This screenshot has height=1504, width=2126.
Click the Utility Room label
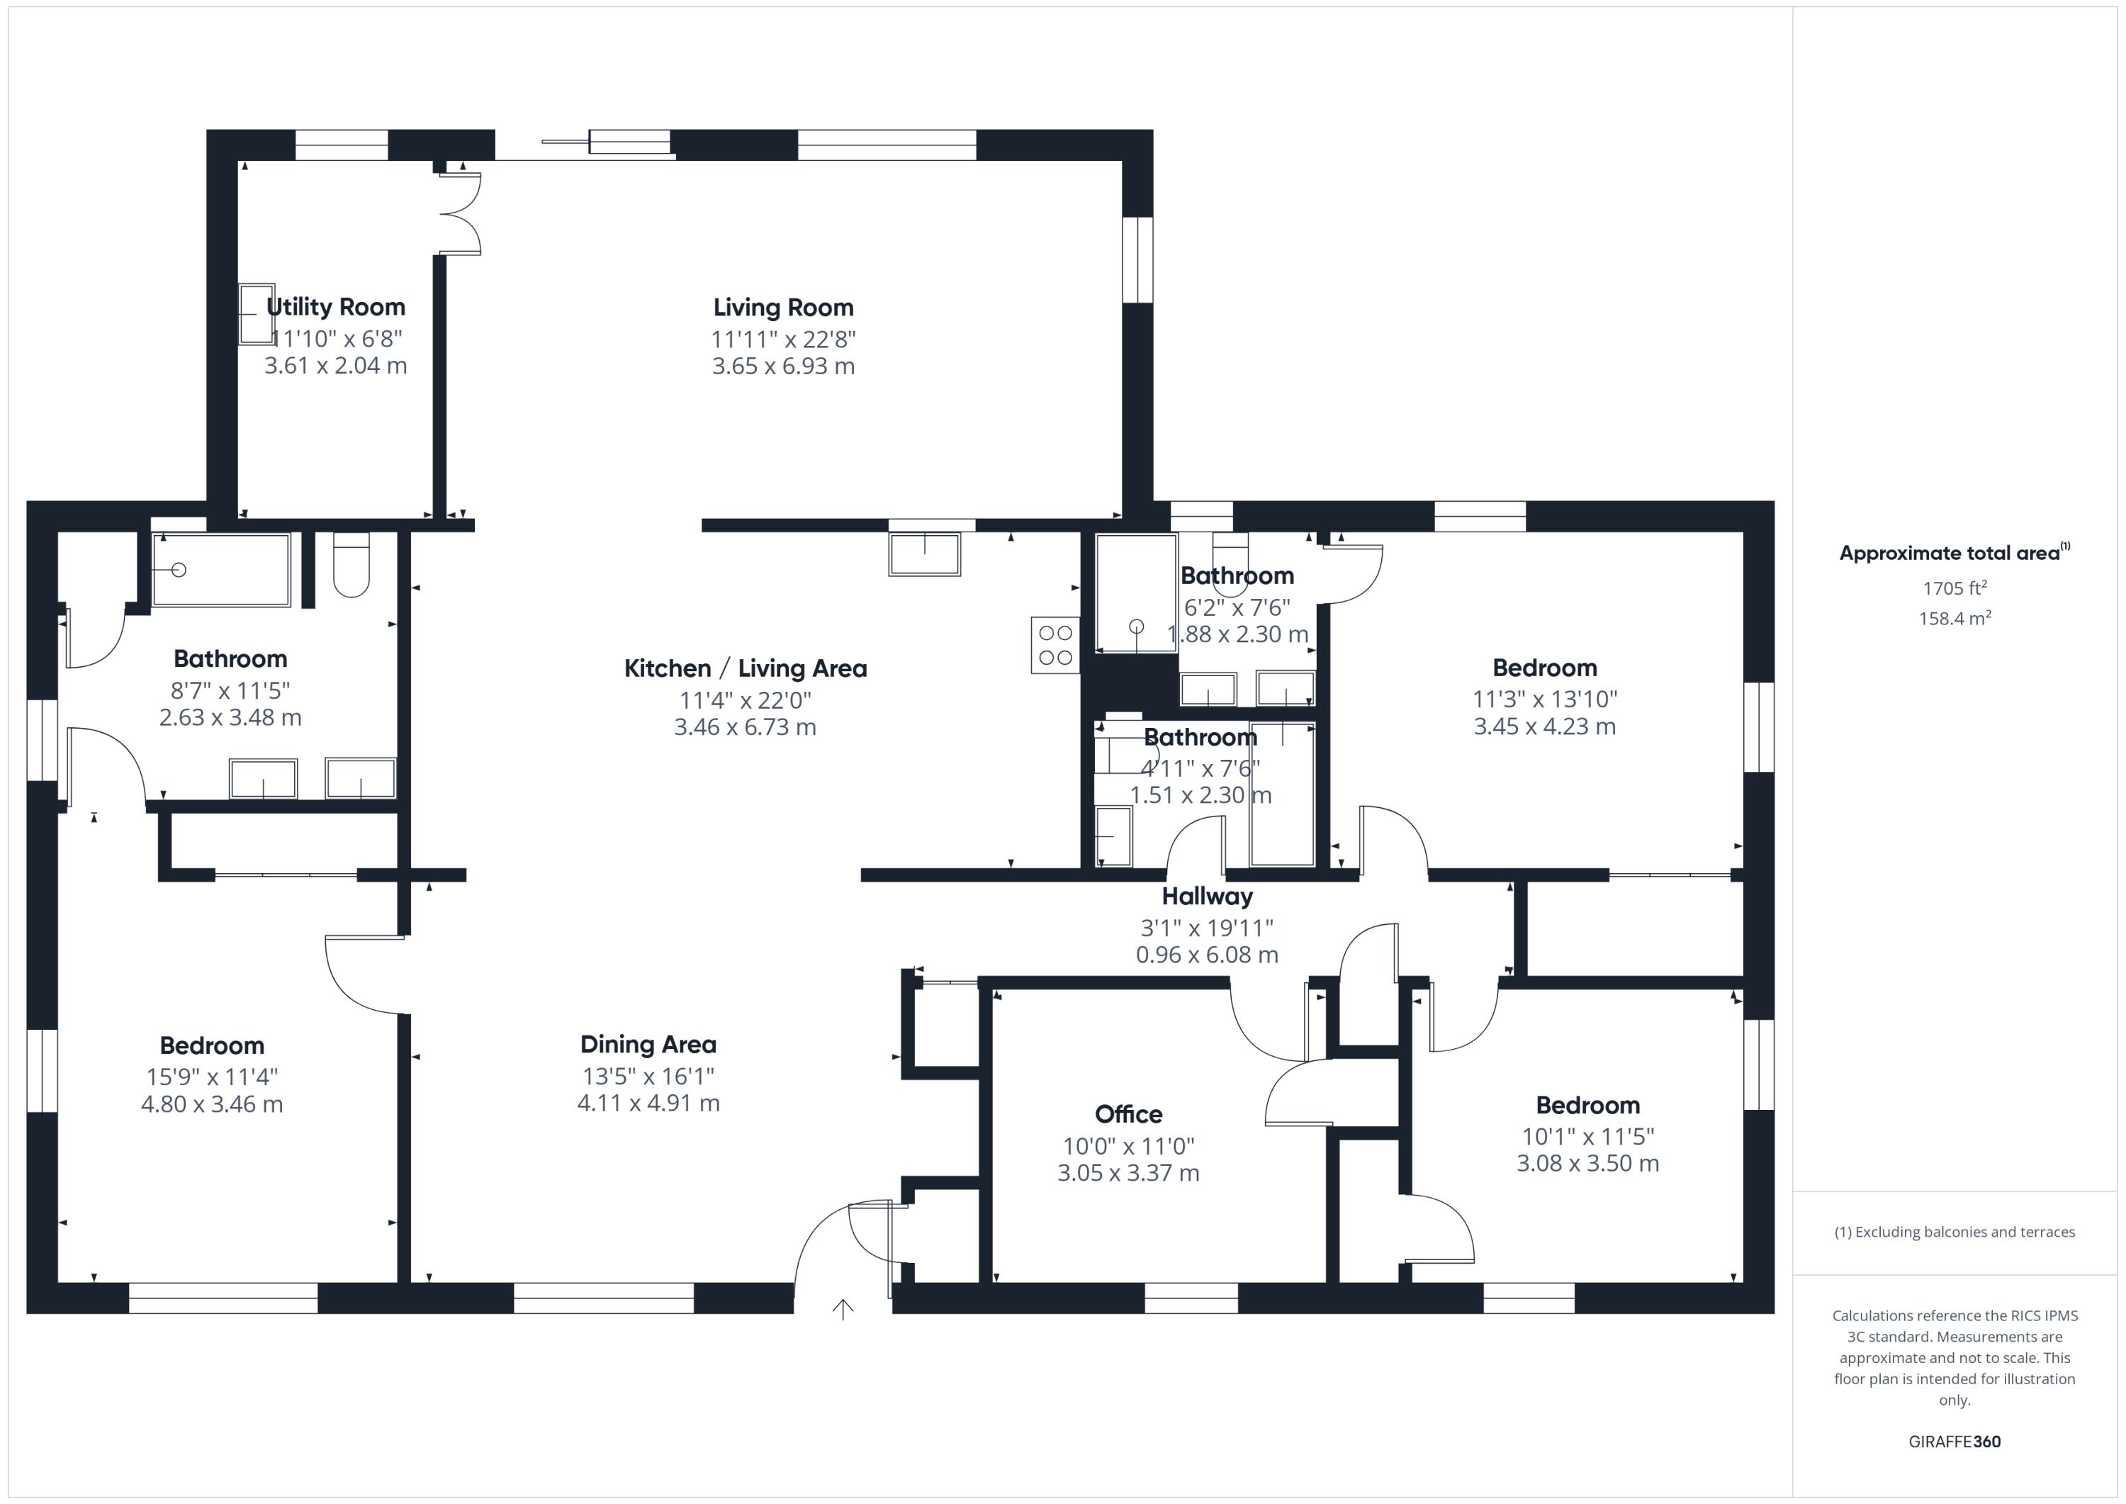point(335,307)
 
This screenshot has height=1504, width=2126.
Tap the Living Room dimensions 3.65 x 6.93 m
point(782,366)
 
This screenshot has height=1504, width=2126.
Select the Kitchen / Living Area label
point(746,668)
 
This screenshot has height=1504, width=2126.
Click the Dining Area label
point(648,1045)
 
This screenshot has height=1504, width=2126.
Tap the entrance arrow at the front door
point(843,1308)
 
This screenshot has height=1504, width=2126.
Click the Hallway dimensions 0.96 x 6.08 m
point(1207,955)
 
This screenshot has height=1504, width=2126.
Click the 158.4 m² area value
point(1955,618)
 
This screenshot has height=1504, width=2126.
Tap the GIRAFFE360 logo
point(1955,1442)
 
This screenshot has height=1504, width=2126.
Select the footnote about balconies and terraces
point(1955,1232)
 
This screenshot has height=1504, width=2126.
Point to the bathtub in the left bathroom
point(221,570)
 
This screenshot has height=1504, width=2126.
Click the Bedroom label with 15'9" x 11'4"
point(212,1045)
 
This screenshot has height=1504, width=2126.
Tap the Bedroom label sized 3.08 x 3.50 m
point(1587,1105)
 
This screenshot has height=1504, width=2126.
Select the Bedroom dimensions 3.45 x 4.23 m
point(1544,726)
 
